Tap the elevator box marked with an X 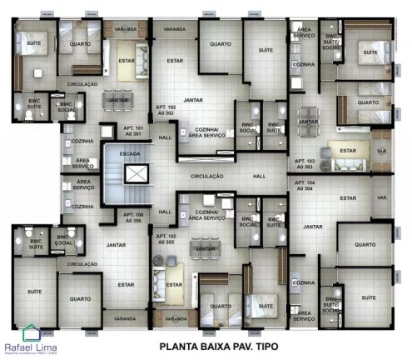click(134, 174)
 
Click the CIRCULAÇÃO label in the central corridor click(207, 177)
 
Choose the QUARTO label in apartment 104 click(361, 245)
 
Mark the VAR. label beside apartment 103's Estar click(381, 151)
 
